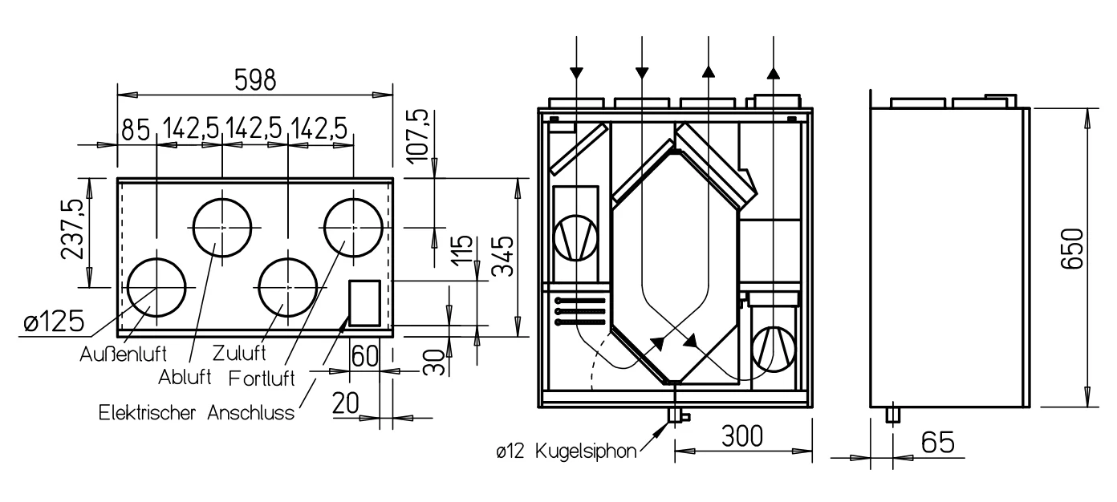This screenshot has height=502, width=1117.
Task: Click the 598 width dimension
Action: coord(255,79)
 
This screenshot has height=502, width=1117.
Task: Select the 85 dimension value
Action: coord(136,130)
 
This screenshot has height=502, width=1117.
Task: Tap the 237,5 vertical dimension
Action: coord(71,229)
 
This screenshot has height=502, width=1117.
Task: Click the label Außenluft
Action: coord(123,354)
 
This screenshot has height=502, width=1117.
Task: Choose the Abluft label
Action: coord(185,377)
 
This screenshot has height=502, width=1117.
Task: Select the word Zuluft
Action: coord(239,353)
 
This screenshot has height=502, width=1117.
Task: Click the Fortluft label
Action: coord(262,379)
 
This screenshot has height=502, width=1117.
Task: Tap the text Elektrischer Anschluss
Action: coord(197,413)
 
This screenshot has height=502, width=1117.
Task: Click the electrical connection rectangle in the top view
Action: coord(364,303)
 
